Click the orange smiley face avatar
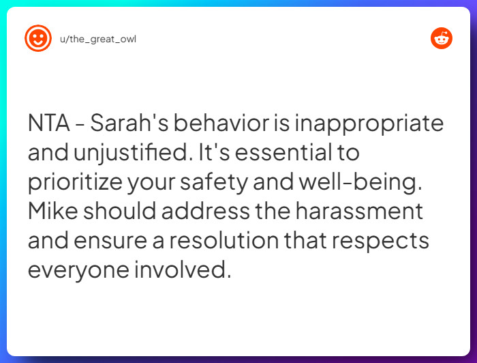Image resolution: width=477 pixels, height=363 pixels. click(38, 38)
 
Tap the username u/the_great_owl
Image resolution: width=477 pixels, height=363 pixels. click(98, 39)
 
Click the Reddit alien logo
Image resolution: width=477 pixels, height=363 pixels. click(442, 38)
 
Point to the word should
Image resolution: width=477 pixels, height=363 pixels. click(118, 211)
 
